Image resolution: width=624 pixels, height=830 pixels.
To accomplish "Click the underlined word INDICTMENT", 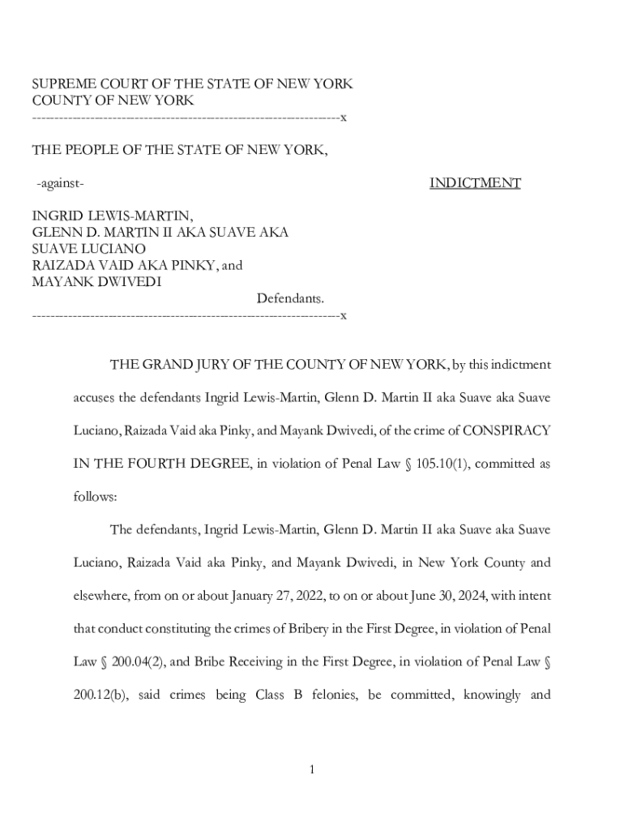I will (475, 183).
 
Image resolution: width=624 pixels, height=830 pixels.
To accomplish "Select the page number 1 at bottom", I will (311, 769).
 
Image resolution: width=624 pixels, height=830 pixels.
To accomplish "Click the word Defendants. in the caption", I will (290, 298).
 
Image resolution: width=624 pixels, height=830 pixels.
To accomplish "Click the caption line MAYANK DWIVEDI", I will (96, 281).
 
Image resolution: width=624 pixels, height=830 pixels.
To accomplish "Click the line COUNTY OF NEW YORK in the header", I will (113, 101).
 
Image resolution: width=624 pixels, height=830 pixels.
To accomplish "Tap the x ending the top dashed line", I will (344, 118).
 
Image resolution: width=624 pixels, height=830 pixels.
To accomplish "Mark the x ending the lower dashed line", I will (344, 314).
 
